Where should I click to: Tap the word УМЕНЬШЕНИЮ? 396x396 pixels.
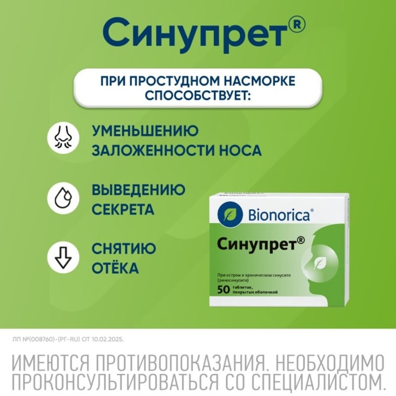tap(145, 131)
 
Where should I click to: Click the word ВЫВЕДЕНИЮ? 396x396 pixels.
tap(138, 190)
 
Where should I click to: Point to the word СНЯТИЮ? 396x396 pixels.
tap(124, 249)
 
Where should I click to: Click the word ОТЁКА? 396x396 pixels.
tap(115, 268)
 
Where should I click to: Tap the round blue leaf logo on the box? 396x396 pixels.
tap(227, 214)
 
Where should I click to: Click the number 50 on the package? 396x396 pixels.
tap(223, 289)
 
